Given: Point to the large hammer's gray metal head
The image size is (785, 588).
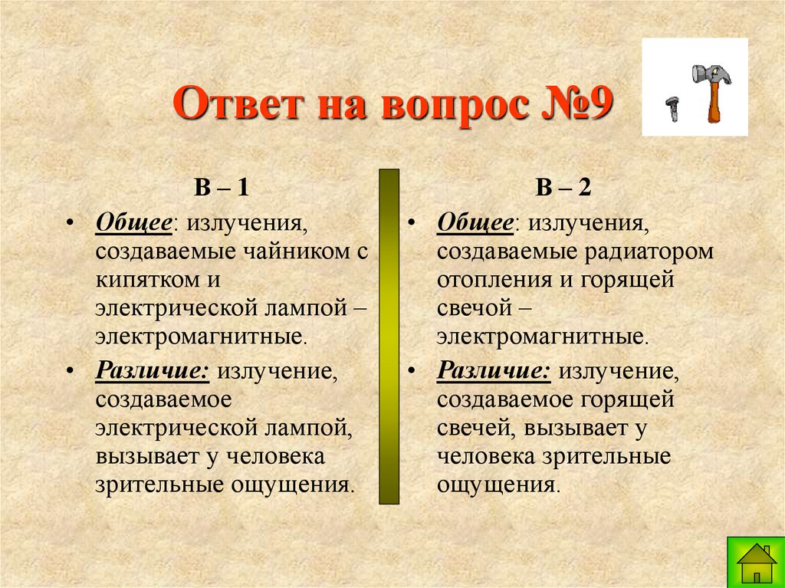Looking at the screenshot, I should [707, 74].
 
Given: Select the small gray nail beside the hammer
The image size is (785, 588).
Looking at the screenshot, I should [673, 108].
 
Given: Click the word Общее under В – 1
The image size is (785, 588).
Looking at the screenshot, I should [133, 225].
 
